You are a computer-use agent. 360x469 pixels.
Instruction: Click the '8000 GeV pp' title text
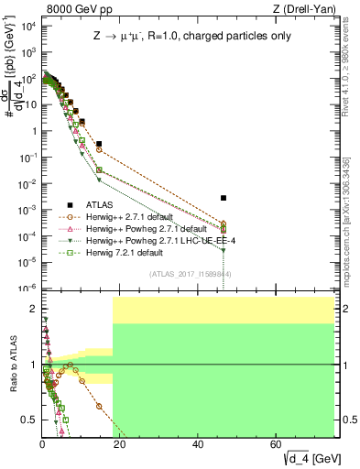point(72,9)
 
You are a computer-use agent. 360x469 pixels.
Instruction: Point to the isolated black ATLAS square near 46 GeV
point(224,198)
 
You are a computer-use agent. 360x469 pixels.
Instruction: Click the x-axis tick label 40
point(199,445)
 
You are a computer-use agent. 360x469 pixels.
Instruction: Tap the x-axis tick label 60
point(277,445)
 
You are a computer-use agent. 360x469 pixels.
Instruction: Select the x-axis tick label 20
point(121,445)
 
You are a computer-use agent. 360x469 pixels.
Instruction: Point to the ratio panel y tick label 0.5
point(30,420)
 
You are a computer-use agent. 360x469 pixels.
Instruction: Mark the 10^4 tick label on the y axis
point(27,25)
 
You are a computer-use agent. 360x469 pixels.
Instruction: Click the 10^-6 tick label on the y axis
point(27,289)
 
